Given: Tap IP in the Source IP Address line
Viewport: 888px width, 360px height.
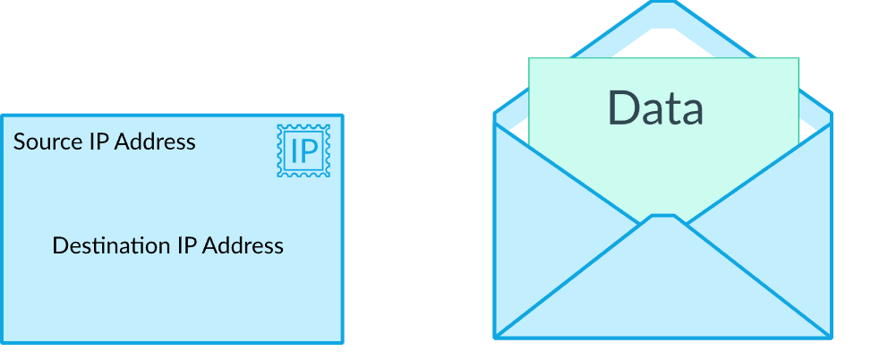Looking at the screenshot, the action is click(98, 141).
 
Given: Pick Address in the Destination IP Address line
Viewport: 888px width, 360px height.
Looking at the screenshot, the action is click(243, 245).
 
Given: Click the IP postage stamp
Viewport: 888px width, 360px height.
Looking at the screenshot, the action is click(303, 150).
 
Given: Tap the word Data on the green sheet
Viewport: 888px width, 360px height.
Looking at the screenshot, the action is click(655, 107).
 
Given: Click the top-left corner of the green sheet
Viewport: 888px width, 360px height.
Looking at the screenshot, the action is click(529, 59).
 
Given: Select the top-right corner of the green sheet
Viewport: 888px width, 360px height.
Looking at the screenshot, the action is click(798, 59).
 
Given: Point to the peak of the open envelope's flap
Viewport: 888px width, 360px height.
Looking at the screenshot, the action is click(662, 4).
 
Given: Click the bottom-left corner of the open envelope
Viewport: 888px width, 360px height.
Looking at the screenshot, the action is click(496, 338).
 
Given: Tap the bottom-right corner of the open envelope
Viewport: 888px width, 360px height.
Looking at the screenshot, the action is click(831, 338).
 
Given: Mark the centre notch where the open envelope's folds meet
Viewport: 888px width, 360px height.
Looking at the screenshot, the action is click(662, 217).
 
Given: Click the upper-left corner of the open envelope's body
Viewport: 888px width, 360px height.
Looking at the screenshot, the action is click(496, 115).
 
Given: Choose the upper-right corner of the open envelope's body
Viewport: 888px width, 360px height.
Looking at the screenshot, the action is click(831, 115).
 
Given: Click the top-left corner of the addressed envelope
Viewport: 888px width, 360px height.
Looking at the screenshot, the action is click(2, 116).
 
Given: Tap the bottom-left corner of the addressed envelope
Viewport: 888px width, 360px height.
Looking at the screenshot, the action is click(2, 342).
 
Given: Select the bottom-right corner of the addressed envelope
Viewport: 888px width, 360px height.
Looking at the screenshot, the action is click(342, 342).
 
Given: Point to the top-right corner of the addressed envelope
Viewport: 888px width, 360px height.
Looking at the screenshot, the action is click(342, 116).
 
